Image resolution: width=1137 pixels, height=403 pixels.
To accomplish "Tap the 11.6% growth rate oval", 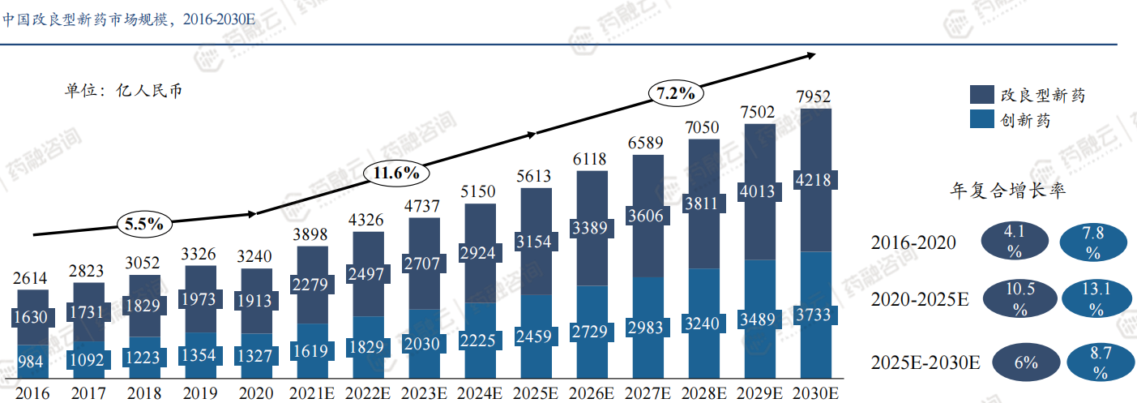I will (395, 172).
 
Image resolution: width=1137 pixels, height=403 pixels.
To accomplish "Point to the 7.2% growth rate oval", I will (676, 93).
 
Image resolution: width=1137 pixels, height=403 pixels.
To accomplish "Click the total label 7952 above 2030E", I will (814, 97).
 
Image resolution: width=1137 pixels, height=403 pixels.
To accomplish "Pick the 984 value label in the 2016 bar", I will (31, 362).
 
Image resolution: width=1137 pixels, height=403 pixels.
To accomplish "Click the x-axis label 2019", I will (200, 393).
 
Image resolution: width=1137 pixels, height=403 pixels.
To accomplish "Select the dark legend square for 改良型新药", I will (981, 95).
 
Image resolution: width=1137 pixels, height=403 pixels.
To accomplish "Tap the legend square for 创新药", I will (981, 119).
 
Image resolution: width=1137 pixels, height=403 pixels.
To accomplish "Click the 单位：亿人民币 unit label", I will (123, 90).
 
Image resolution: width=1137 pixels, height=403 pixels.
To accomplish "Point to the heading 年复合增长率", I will (1007, 191).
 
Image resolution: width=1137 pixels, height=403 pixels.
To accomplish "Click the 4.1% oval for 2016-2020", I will (1015, 241).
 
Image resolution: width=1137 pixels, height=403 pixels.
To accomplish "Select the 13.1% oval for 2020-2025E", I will (1096, 298).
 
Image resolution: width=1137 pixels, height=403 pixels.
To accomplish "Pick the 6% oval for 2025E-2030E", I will (1025, 362).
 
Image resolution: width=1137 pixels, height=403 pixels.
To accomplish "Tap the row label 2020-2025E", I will (920, 299).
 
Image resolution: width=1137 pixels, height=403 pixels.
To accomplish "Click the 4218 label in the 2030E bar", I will (814, 180).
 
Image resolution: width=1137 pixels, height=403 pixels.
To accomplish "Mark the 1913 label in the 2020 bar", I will (256, 301).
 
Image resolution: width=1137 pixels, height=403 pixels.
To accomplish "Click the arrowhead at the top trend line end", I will (811, 55).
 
